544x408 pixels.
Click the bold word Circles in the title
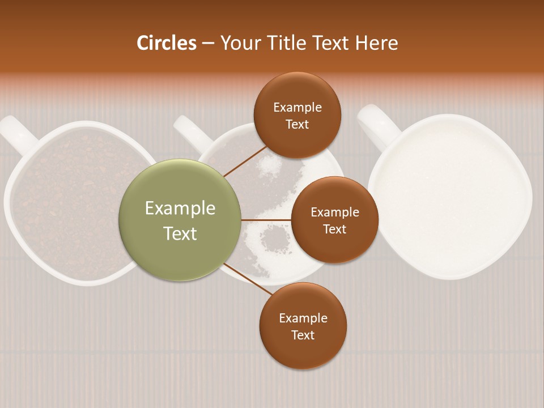pyautogui.click(x=167, y=43)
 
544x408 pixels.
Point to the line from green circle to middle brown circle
pyautogui.click(x=266, y=219)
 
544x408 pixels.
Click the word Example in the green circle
pyautogui.click(x=180, y=209)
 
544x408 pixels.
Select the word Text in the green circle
pyautogui.click(x=180, y=233)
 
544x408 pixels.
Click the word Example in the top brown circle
pyautogui.click(x=297, y=107)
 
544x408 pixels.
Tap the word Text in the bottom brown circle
pyautogui.click(x=303, y=335)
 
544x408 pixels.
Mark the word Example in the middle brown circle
pyautogui.click(x=335, y=212)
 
